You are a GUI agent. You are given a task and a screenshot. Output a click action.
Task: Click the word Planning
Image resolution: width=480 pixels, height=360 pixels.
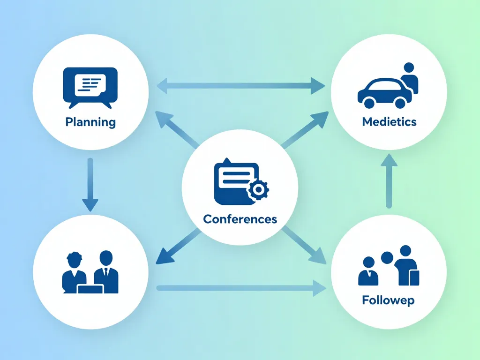90,122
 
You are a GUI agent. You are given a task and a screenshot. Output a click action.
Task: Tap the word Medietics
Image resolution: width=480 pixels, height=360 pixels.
389,122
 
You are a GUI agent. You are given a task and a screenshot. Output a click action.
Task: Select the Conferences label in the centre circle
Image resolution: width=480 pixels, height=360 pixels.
240,219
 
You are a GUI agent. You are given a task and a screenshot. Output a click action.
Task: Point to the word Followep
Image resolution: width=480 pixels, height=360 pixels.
388,300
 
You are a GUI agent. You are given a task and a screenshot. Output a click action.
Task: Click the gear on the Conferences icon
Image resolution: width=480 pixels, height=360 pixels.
257,190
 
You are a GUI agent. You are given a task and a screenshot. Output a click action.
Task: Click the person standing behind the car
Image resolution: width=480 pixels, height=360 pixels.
409,77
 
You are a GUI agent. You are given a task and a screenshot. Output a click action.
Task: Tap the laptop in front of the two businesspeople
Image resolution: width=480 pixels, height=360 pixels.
90,289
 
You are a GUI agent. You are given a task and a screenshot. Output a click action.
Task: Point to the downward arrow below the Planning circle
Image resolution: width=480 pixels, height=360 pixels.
90,185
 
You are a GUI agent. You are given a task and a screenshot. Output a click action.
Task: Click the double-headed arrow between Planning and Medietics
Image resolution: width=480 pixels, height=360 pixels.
240,86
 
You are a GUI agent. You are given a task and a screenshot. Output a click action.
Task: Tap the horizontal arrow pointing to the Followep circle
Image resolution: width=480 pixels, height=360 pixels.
241,288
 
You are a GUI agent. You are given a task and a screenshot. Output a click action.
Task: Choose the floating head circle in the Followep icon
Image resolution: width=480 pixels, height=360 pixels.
387,257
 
